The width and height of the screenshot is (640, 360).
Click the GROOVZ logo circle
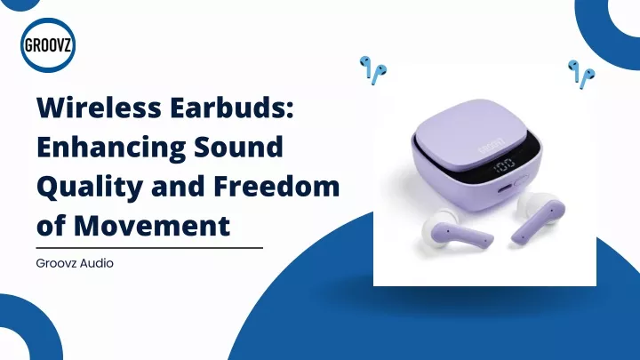pos(48,45)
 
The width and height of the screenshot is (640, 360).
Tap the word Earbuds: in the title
pos(232,108)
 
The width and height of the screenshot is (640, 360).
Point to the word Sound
pos(238,147)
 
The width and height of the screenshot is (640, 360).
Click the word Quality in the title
pos(90,187)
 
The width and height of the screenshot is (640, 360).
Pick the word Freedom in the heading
pos(276,186)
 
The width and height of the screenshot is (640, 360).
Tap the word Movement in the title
pos(152,226)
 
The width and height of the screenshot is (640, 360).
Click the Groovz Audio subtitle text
pos(75,263)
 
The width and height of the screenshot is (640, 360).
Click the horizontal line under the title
pos(149,248)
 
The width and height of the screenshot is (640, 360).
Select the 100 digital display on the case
pos(504,165)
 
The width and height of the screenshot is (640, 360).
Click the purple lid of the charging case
pos(470,130)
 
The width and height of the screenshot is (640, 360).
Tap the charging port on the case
pos(505,188)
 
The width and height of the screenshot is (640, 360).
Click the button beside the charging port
pos(521,180)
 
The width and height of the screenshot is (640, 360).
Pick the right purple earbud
pos(538,215)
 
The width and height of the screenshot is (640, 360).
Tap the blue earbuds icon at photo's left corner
pos(373,70)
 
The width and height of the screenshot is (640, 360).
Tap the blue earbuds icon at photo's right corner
pos(581,74)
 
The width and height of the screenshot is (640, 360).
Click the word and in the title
pos(179,186)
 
